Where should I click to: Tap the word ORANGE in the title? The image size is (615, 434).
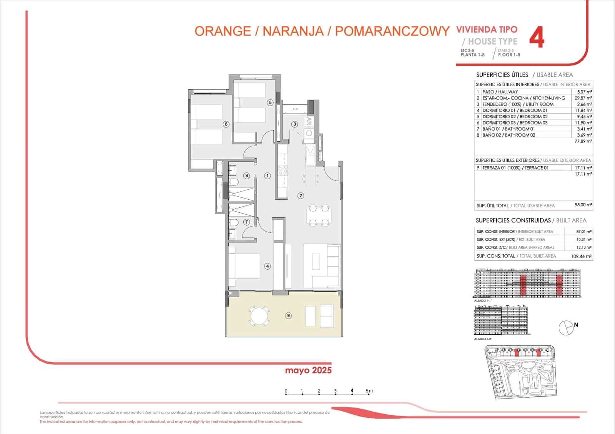pos(223,31)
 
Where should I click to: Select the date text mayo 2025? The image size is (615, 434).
pos(308,371)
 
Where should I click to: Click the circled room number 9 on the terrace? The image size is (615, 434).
pos(288,315)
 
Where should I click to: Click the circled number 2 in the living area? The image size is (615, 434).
pos(301,195)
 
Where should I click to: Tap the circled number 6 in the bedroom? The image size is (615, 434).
pos(226,124)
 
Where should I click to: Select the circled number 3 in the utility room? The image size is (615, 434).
pos(294,124)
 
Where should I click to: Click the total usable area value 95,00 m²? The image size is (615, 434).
pos(583,205)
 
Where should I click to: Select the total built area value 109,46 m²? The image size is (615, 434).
pos(581,256)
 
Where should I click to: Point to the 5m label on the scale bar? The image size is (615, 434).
pos(369,391)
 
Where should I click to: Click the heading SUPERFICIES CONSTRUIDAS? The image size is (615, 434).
pos(513,220)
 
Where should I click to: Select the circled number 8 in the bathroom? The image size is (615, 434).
pos(247,176)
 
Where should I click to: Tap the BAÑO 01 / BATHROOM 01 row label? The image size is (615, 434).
pos(509,129)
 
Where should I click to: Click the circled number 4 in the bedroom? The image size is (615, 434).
pos(268,266)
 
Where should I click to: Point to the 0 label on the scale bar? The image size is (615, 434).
pos(286,391)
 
